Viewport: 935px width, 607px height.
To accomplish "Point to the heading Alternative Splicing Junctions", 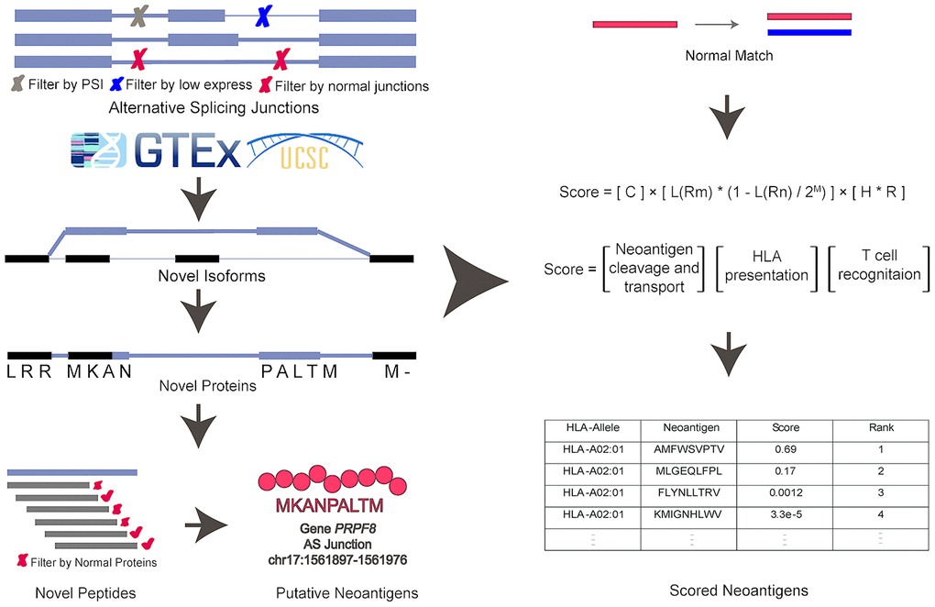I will [x=214, y=107].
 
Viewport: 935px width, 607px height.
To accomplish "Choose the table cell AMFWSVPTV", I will [x=688, y=449].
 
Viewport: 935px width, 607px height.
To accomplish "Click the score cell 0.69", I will [x=785, y=449].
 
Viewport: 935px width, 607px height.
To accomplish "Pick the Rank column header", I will [x=881, y=427].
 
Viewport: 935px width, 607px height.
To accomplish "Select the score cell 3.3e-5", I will [x=785, y=513].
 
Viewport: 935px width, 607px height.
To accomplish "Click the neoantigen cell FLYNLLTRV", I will [x=688, y=492].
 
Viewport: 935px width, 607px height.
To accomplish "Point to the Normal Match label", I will [x=729, y=56].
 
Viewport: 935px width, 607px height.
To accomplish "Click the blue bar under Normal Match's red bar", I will [x=809, y=32].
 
